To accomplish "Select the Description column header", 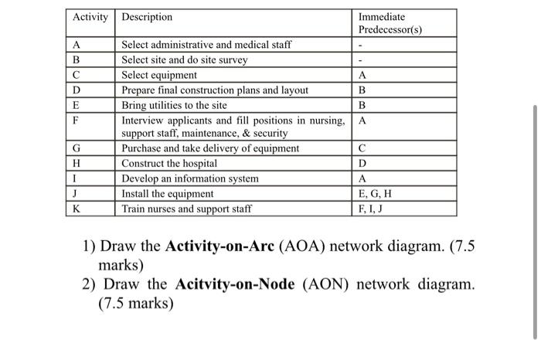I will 148,17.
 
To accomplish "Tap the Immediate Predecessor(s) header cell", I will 390,23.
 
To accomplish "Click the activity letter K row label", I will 77,209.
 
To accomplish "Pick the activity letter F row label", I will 76,121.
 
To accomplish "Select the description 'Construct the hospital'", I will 169,164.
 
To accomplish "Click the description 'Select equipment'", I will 159,76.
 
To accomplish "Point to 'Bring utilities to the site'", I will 175,105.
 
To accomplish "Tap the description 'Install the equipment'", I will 168,194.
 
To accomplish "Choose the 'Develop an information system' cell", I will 190,178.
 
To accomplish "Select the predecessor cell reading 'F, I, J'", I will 371,209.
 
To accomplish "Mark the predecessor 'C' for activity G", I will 362,148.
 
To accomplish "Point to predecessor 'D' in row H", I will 362,164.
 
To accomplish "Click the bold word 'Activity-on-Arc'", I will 224,247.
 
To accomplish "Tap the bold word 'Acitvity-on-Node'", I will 235,284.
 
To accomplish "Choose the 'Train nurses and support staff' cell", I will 186,209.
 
